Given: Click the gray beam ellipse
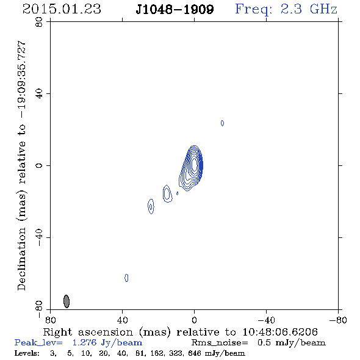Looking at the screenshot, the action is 67,301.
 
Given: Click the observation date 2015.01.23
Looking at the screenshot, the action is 62,9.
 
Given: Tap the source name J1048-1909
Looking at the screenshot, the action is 175,10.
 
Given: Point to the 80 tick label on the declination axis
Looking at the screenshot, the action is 39,22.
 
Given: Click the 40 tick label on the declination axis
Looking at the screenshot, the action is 39,94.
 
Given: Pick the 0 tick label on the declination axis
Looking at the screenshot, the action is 39,165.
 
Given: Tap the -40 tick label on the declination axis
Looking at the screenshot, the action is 39,237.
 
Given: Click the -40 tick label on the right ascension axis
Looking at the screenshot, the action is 266,320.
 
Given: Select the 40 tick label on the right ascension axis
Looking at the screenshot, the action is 122,320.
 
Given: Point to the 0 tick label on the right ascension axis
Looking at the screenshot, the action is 194,320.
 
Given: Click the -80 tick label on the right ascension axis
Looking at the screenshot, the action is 338,320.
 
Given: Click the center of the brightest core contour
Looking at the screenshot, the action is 195,164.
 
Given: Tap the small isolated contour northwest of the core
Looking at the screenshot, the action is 222,123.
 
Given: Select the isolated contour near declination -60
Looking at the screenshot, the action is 126,278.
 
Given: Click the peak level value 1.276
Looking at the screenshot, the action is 84,342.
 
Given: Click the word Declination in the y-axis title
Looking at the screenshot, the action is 21,259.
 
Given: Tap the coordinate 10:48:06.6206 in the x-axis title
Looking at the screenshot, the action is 280,332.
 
